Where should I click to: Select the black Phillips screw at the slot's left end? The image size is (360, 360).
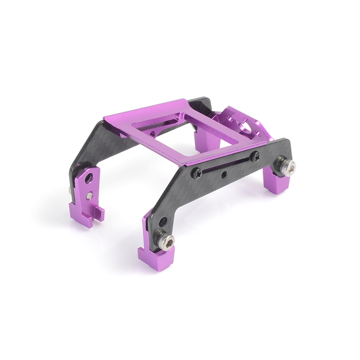[x=197, y=173]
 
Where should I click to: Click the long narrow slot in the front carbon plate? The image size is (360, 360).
[x=226, y=165]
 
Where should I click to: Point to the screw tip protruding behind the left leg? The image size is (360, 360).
[x=68, y=188]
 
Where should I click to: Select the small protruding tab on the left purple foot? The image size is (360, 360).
[x=100, y=213]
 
